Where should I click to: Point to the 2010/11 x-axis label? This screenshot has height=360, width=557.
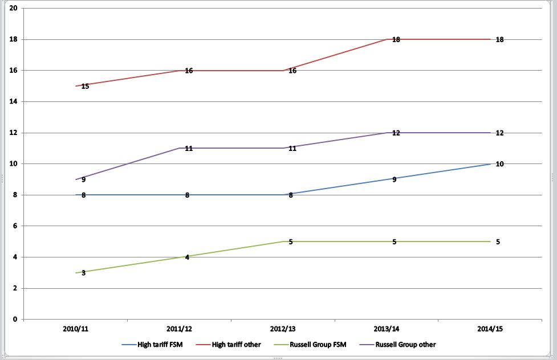pyautogui.click(x=76, y=329)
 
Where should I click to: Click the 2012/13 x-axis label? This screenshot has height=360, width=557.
pyautogui.click(x=283, y=329)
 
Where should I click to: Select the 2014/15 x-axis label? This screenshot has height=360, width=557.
pyautogui.click(x=490, y=329)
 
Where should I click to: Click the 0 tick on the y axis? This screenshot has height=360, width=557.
pyautogui.click(x=15, y=320)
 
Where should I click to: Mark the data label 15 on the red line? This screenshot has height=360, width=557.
pyautogui.click(x=85, y=86)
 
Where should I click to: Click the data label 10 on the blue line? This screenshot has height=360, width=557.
pyautogui.click(x=499, y=164)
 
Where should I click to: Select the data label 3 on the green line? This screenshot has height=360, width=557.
pyautogui.click(x=83, y=273)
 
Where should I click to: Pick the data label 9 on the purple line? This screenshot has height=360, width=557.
pyautogui.click(x=83, y=179)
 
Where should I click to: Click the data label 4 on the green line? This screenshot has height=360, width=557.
pyautogui.click(x=187, y=257)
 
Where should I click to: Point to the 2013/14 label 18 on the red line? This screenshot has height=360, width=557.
pyautogui.click(x=396, y=40)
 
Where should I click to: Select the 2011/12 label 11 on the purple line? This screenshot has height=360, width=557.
pyautogui.click(x=189, y=149)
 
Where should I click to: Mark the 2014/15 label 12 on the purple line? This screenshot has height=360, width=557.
pyautogui.click(x=499, y=133)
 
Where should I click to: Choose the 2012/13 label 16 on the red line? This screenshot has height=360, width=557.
pyautogui.click(x=292, y=71)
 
